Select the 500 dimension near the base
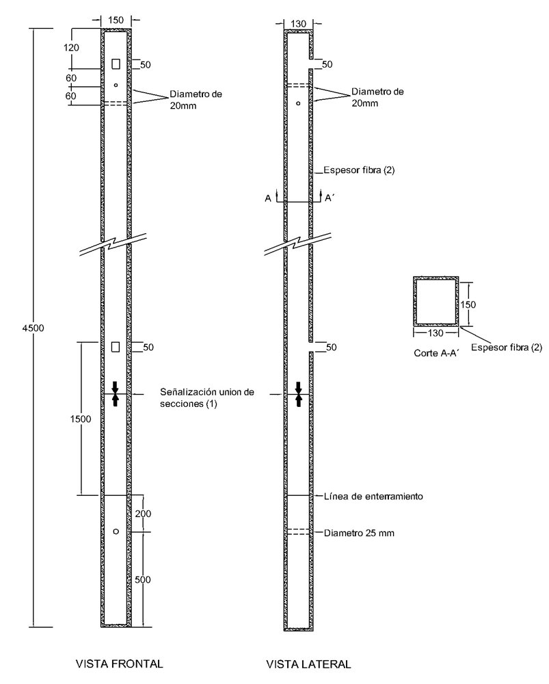[x=142, y=579]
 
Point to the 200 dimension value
[x=142, y=513]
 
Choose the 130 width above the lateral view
[x=299, y=23]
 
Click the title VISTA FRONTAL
[x=120, y=664]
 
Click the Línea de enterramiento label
[x=373, y=496]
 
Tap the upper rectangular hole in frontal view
[x=116, y=64]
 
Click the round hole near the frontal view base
[x=116, y=531]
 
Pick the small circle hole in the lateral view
[x=299, y=103]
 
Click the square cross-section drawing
[x=435, y=302]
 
